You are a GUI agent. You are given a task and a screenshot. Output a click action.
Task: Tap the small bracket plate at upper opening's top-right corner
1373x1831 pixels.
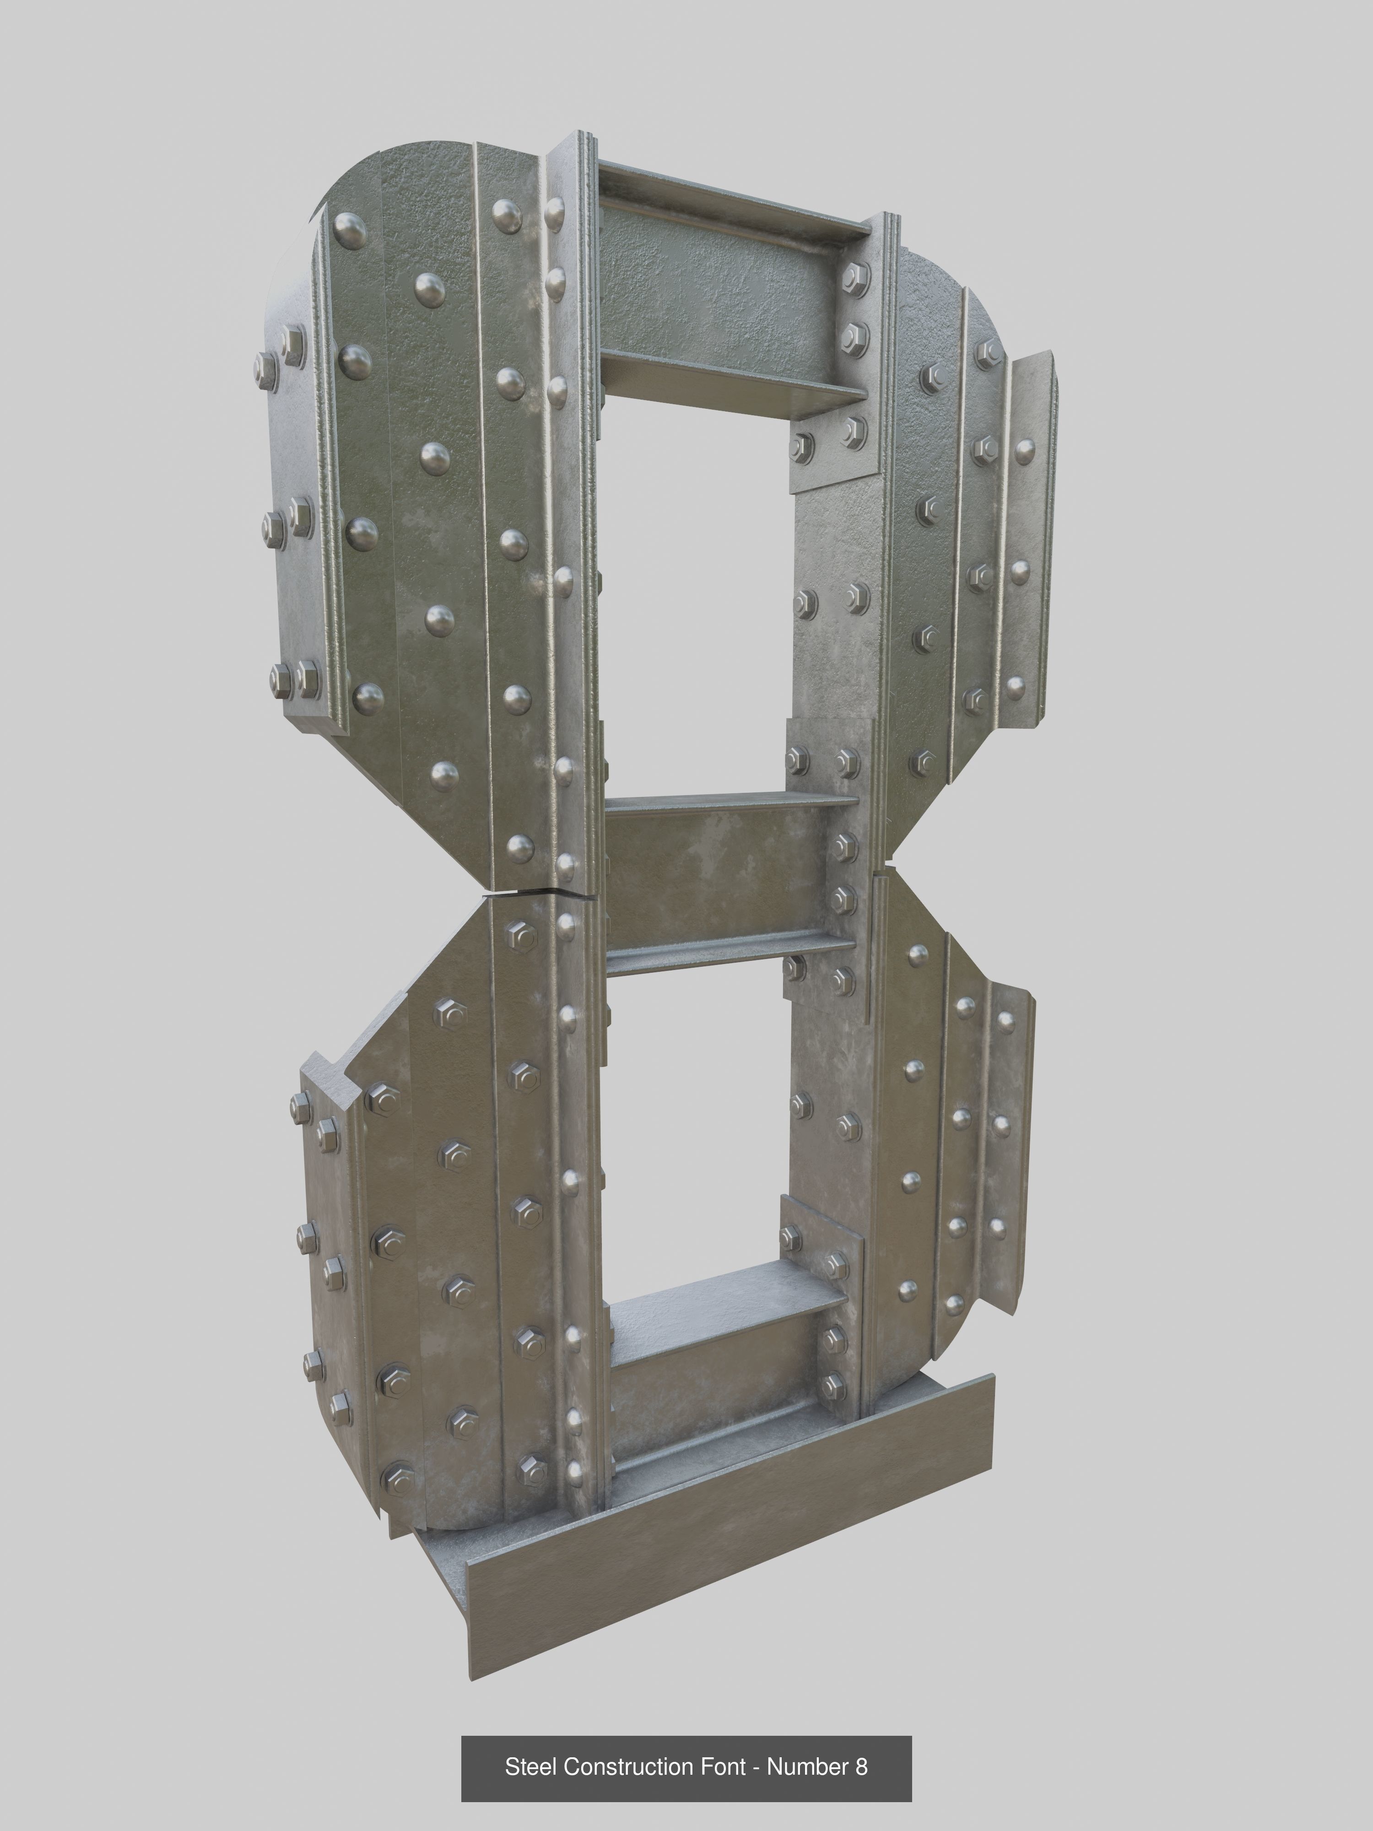click(832, 451)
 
